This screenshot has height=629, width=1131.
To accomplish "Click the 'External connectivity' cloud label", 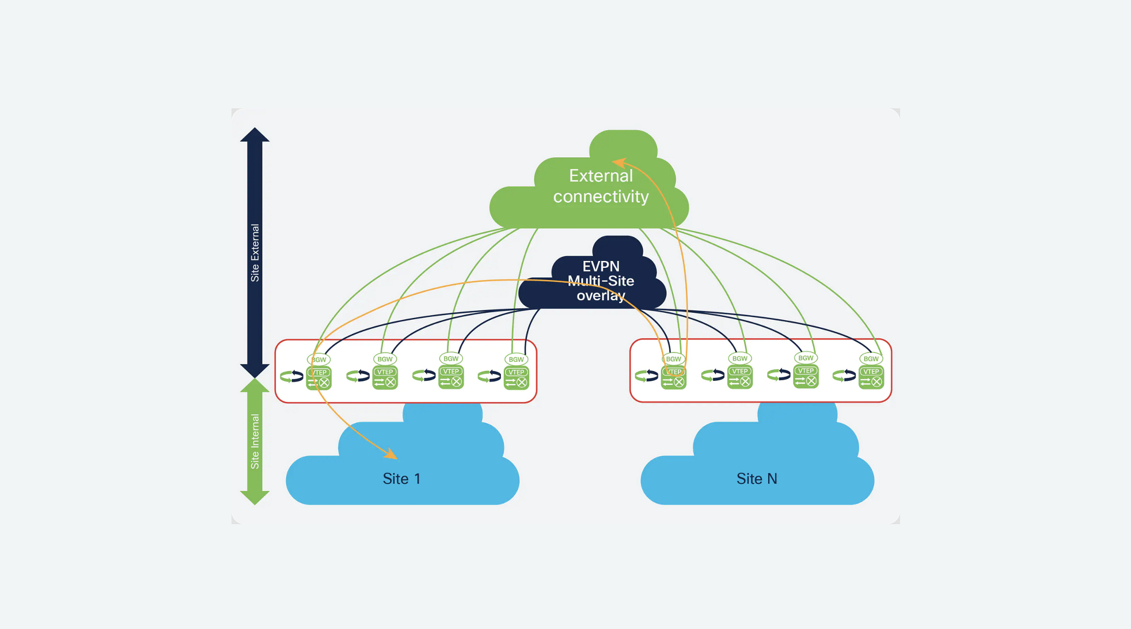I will (601, 186).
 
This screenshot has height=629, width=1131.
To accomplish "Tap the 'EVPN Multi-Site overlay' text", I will (601, 281).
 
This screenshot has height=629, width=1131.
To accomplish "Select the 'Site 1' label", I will (401, 479).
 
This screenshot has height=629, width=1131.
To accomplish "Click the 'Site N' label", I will (757, 479).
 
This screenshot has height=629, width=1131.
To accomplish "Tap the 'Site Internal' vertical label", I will (255, 441).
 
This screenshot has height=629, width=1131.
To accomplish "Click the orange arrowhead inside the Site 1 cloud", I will (391, 454).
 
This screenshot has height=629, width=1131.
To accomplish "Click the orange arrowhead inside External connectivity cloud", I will (618, 162).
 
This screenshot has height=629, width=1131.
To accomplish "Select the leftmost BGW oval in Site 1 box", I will (318, 359).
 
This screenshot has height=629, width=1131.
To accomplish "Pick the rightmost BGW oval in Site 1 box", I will (516, 359).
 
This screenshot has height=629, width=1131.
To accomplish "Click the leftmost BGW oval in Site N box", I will (673, 359).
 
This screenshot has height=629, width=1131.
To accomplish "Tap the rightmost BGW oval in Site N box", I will (871, 358).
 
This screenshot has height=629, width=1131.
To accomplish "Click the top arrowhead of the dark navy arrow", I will (255, 135).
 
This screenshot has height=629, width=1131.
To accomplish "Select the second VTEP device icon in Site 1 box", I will (385, 378).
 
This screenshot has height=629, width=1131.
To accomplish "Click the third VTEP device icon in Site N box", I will (806, 377).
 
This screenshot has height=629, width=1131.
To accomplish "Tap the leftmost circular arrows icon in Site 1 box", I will (291, 377).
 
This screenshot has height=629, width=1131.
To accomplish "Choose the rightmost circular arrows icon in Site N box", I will (844, 376).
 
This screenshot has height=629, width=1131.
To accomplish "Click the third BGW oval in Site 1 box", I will (451, 358).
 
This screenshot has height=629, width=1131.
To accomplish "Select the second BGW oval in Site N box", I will (739, 358).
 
